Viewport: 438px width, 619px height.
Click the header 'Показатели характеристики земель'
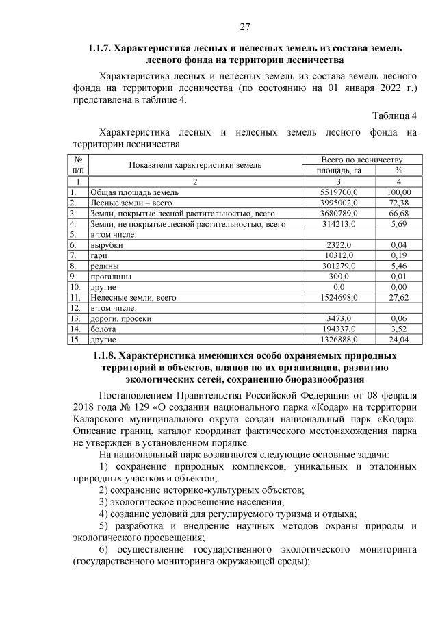pos(194,165)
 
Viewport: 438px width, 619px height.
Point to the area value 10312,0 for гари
pos(337,255)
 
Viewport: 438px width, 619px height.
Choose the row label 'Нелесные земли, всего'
pos(133,297)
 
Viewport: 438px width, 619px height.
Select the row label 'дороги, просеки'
pos(120,318)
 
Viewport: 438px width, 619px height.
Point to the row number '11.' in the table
pos(76,297)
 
